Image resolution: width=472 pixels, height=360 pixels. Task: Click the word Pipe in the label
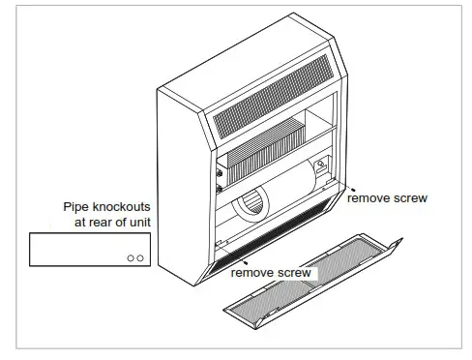click(x=78, y=207)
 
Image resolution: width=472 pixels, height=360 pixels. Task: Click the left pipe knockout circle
click(x=132, y=258)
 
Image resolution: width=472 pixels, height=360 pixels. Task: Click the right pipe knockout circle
click(x=142, y=258)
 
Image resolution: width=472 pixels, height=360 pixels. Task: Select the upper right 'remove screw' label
click(x=387, y=197)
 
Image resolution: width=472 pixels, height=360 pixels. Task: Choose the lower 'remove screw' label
click(x=271, y=273)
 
